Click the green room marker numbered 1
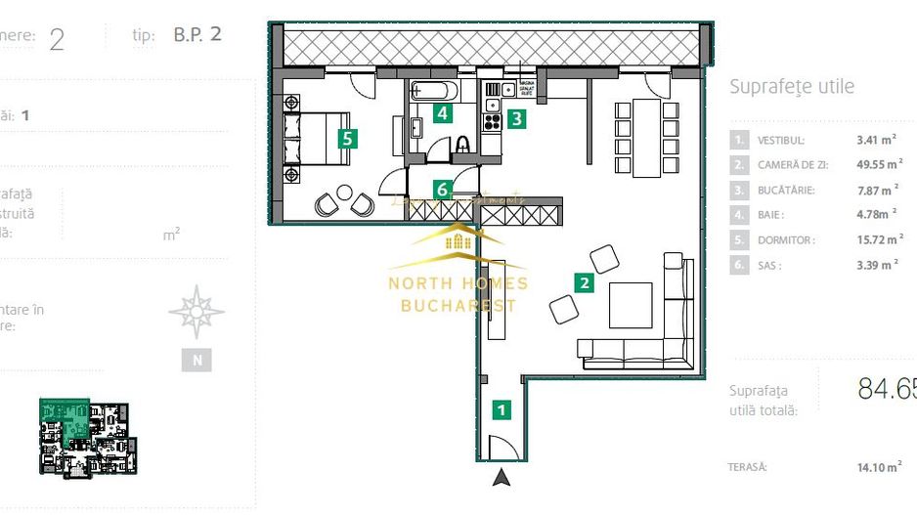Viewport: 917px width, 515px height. [x=502, y=409]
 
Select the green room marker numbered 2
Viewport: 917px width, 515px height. [x=584, y=283]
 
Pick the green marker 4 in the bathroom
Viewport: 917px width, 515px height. [x=443, y=113]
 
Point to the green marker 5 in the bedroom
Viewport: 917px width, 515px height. [x=347, y=138]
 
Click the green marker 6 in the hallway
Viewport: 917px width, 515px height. [x=442, y=189]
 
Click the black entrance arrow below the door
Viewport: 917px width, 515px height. [x=502, y=477]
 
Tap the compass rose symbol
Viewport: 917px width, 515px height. [x=196, y=312]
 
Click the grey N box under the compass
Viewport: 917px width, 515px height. [x=196, y=360]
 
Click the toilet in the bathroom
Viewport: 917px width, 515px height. [x=463, y=145]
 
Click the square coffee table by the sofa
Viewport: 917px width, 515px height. [x=630, y=305]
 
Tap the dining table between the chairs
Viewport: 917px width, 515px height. [x=645, y=137]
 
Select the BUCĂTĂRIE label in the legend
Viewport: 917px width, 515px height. [x=786, y=191]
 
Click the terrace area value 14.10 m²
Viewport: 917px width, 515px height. [x=877, y=467]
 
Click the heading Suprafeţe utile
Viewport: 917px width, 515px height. [x=792, y=87]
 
